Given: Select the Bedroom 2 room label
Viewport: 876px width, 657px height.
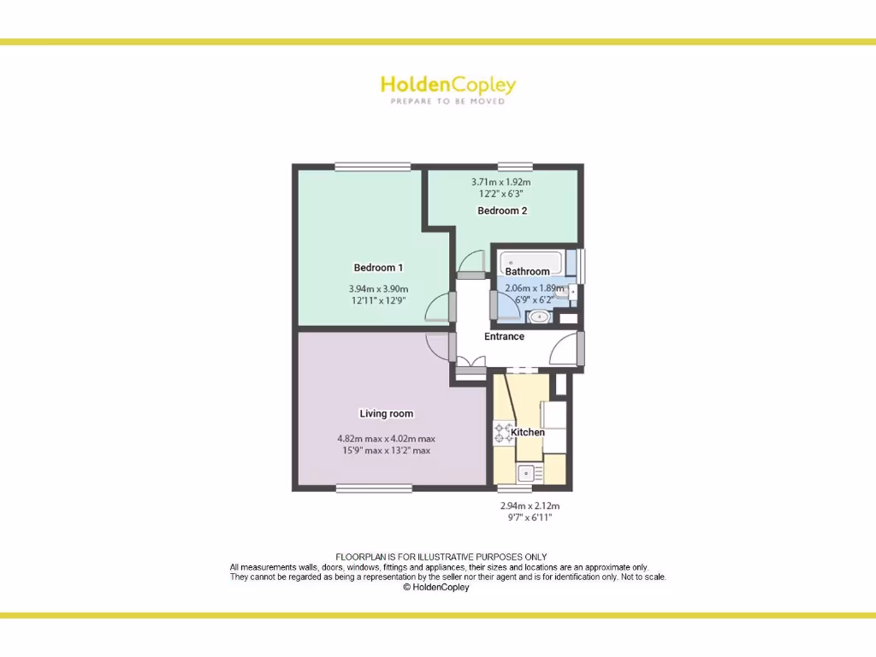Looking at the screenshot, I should [x=502, y=210].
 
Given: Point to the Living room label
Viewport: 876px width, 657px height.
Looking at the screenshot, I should [x=386, y=414].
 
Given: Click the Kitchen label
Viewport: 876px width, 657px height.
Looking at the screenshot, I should [x=528, y=432].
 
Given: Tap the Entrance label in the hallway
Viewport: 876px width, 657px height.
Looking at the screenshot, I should [x=504, y=336].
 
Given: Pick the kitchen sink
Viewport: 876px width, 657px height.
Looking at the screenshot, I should [x=530, y=471].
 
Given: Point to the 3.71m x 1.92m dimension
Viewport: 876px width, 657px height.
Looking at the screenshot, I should [x=501, y=182].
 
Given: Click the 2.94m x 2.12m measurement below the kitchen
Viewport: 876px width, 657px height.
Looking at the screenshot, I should [x=530, y=506].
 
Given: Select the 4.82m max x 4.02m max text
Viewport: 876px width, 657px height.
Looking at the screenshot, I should [x=386, y=439].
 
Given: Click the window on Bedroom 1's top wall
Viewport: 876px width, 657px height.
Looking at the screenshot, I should [x=360, y=167].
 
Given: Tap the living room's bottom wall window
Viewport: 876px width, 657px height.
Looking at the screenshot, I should [x=373, y=489].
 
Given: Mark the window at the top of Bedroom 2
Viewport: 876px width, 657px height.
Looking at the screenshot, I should [x=515, y=167].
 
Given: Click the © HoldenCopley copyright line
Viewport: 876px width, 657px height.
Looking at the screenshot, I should [x=436, y=588].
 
